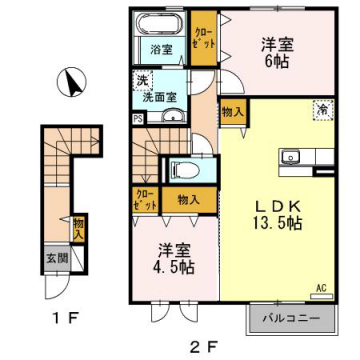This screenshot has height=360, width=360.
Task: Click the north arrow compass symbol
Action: click(70, 81)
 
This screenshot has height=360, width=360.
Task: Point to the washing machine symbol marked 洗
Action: click(142, 81)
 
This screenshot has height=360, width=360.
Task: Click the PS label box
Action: click(136, 116)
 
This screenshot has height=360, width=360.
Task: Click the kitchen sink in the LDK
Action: click(292, 156)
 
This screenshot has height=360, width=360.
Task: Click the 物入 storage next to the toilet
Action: click(189, 199)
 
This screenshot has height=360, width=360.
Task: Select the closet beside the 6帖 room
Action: click(203, 40)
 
